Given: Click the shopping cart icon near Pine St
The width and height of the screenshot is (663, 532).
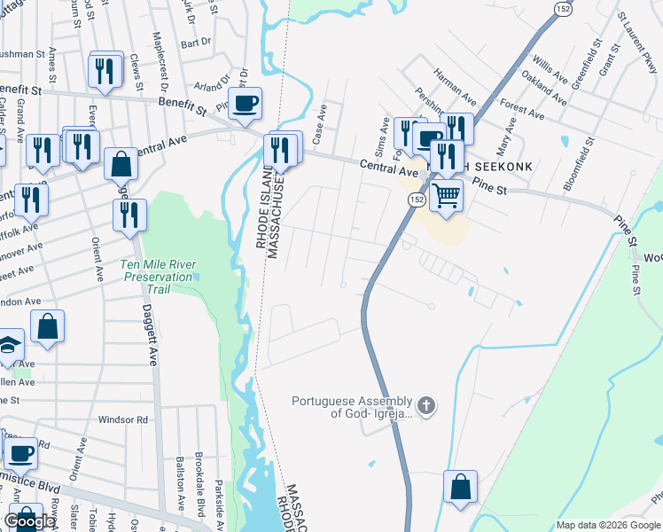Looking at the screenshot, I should tap(447, 194).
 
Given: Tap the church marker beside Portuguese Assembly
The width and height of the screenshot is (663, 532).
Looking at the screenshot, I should tap(426, 407).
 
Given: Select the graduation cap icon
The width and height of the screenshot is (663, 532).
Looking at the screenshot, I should tap(9, 345).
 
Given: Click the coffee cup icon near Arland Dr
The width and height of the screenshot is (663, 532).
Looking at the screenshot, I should tap(246, 103).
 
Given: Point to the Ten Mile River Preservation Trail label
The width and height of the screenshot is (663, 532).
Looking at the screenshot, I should tap(157, 270).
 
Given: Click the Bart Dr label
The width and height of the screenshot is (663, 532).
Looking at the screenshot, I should tap(195, 42).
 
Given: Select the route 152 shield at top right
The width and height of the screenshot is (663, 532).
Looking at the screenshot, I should tap(565, 7).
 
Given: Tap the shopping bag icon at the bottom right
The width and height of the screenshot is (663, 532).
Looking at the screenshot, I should tap(460, 487).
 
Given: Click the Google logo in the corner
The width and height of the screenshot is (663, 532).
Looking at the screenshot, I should tap(29, 521).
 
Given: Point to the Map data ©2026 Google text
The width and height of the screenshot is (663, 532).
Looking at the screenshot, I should tap(608, 525).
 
